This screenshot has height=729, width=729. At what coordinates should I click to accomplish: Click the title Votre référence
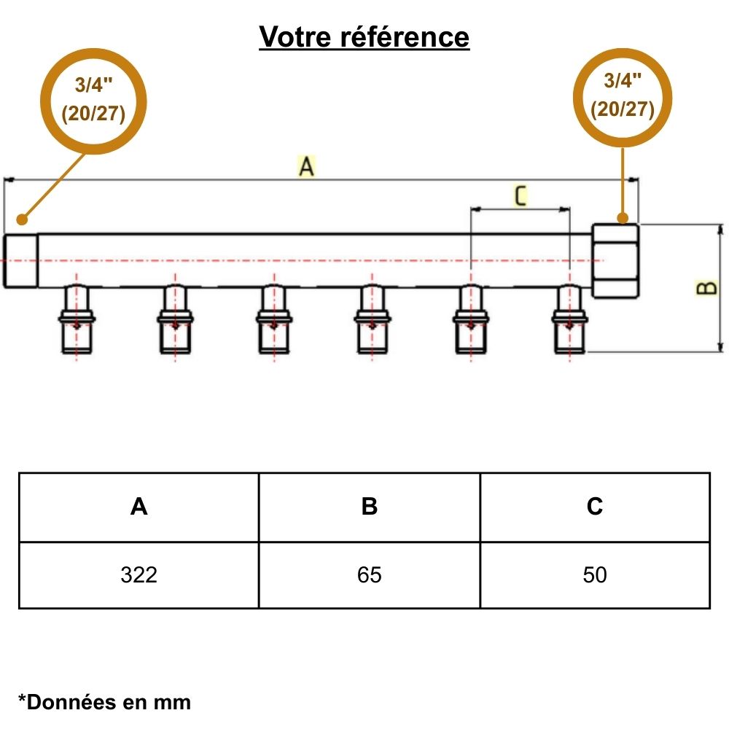pyautogui.click(x=364, y=36)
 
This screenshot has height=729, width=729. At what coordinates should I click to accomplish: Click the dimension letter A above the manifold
pyautogui.click(x=307, y=167)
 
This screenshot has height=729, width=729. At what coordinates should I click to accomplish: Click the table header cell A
pyautogui.click(x=139, y=507)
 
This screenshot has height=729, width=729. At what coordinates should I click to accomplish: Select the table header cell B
pyautogui.click(x=370, y=507)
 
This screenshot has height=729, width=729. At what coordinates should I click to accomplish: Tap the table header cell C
pyautogui.click(x=595, y=507)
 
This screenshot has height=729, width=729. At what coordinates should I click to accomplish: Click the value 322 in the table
pyautogui.click(x=139, y=575)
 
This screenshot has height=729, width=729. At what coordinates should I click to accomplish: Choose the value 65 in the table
pyautogui.click(x=370, y=575)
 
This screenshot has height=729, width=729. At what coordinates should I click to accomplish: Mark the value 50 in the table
pyautogui.click(x=595, y=575)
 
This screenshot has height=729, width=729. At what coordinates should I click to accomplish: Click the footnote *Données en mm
pyautogui.click(x=104, y=702)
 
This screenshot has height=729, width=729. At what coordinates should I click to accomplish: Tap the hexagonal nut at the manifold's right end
pyautogui.click(x=617, y=261)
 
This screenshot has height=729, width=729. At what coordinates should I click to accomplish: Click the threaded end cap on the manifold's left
pyautogui.click(x=20, y=261)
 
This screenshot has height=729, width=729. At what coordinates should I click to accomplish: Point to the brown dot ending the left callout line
pyautogui.click(x=22, y=219)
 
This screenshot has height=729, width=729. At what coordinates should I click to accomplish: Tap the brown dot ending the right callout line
pyautogui.click(x=623, y=217)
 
